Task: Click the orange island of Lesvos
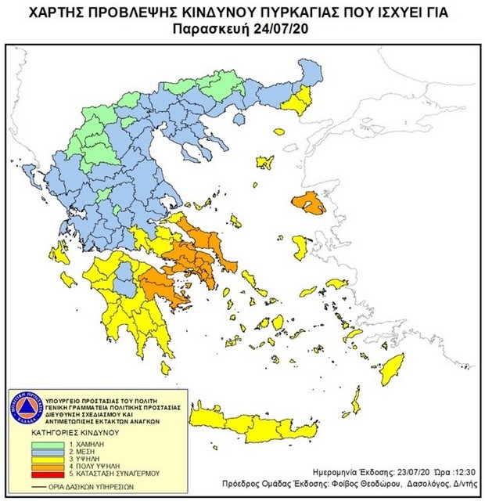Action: [x=312, y=204]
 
